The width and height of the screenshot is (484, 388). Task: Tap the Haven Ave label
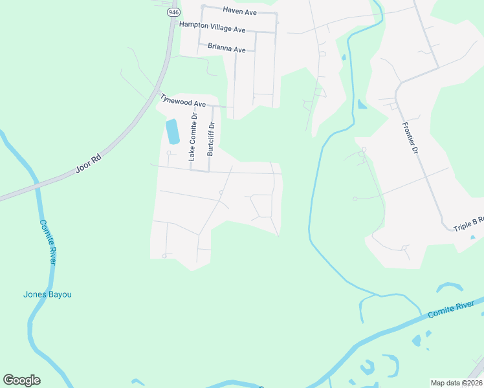pos(240,10)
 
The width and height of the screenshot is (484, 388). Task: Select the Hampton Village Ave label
pos(212,28)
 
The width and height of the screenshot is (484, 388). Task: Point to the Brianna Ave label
pos(226,48)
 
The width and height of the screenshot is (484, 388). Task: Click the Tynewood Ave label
pos(183,100)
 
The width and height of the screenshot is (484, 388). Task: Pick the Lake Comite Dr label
pos(193,136)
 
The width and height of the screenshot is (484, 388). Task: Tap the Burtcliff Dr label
pos(210,138)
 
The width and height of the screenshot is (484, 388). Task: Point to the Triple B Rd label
pos(468,224)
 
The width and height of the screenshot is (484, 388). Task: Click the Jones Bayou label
pos(47,294)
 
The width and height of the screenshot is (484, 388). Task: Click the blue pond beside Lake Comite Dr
pos(172,132)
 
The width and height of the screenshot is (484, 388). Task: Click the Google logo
pos(21,380)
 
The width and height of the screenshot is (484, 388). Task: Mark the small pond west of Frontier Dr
pos(362,104)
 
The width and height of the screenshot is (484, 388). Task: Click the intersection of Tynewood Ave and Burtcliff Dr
pos(212,105)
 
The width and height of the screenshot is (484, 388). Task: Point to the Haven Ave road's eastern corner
pos(276,14)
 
